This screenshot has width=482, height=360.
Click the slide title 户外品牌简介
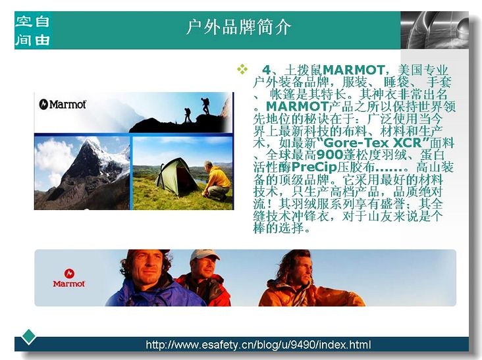pos(238,28)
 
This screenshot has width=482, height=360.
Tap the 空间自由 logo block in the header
pos(33,30)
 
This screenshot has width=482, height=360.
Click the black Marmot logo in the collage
pos(63,105)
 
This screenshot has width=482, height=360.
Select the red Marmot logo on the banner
pos(69,278)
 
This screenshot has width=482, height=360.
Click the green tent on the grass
pos(176,176)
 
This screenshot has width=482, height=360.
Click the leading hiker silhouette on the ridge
pos(205,106)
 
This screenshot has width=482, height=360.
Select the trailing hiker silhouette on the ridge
pos(187,115)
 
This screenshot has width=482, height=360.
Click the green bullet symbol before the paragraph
pos(242,69)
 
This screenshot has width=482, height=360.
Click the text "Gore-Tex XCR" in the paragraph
pos(373,143)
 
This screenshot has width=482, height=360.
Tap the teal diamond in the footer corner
pos(28,337)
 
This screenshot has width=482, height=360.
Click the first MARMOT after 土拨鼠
pos(353,70)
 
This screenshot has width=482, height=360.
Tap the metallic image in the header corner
pos(435,30)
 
